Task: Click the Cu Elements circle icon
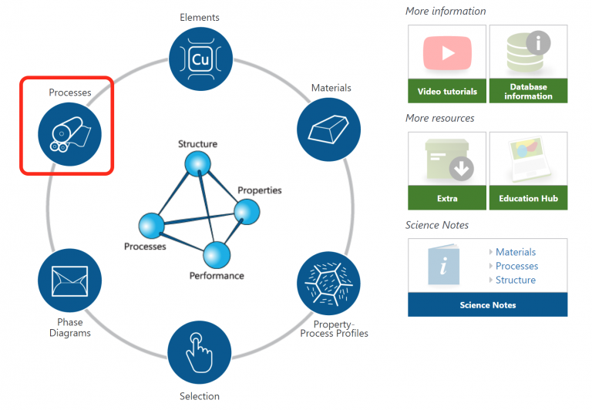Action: point(200,59)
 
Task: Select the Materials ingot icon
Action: point(328,129)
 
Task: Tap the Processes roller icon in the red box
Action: point(70,134)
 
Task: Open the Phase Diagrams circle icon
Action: point(70,280)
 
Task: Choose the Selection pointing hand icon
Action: point(200,352)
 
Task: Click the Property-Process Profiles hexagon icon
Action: point(328,283)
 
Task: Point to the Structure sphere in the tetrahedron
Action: point(197,164)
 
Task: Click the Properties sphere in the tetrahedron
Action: point(247,212)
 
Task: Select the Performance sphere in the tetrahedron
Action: point(217,255)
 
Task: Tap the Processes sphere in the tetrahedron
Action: point(151,226)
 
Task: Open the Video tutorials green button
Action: point(447,91)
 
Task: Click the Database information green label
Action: point(528,91)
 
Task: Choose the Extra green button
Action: point(447,198)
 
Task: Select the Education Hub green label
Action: point(528,198)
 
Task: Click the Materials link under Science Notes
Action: point(516,252)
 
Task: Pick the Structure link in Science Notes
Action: point(516,280)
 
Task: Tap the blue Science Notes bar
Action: point(487,304)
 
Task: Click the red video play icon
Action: point(447,53)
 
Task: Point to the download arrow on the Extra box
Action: point(462,168)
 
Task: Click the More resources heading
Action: point(440,118)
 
